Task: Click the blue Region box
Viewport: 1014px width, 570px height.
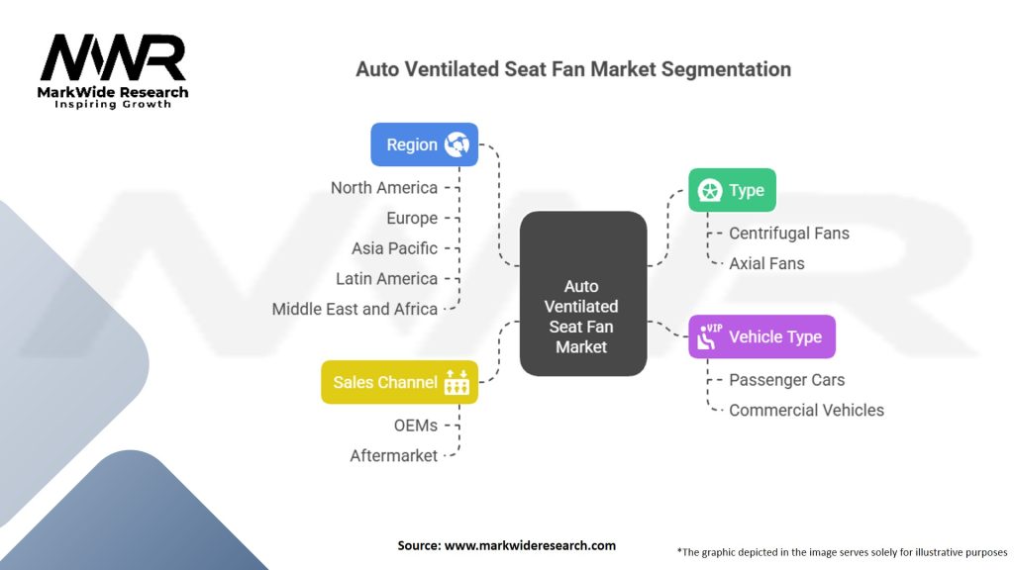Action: coord(424,144)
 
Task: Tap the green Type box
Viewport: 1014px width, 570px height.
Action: coord(732,190)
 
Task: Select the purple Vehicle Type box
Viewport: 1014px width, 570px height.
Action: coord(761,336)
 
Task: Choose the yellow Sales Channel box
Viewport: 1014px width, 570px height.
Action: coord(399,382)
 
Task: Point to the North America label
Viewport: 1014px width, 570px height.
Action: coord(384,188)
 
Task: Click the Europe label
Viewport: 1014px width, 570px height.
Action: coord(412,218)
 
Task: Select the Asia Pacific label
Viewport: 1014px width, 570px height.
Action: coord(394,248)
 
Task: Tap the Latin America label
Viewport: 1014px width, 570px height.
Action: coord(386,279)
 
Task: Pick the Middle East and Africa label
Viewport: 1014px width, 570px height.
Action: coord(355,309)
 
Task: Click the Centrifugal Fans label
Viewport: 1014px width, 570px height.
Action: coord(789,234)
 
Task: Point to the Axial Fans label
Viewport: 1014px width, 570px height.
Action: coord(766,263)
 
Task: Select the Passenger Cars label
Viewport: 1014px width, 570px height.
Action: coord(787,380)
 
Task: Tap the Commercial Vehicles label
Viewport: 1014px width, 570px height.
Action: coord(806,410)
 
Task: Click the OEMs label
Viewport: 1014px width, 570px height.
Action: coord(415,426)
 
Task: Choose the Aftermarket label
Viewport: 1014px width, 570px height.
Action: coord(393,456)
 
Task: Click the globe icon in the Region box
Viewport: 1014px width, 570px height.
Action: coord(456,144)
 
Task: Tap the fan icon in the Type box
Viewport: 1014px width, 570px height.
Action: coord(709,190)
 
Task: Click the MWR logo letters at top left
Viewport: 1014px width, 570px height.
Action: coord(113,59)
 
